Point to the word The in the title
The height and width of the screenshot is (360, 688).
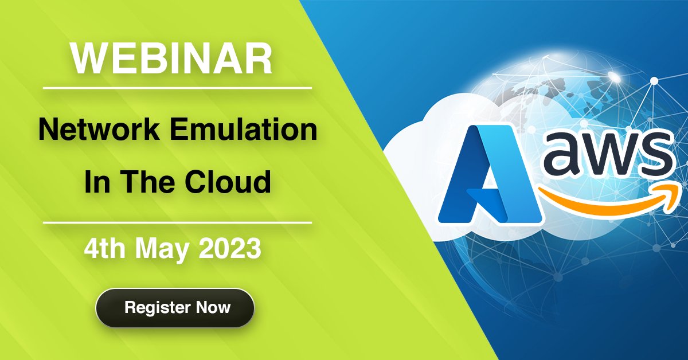click(153, 182)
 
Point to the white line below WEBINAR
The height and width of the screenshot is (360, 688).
click(177, 88)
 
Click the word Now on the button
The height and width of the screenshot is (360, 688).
click(213, 307)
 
